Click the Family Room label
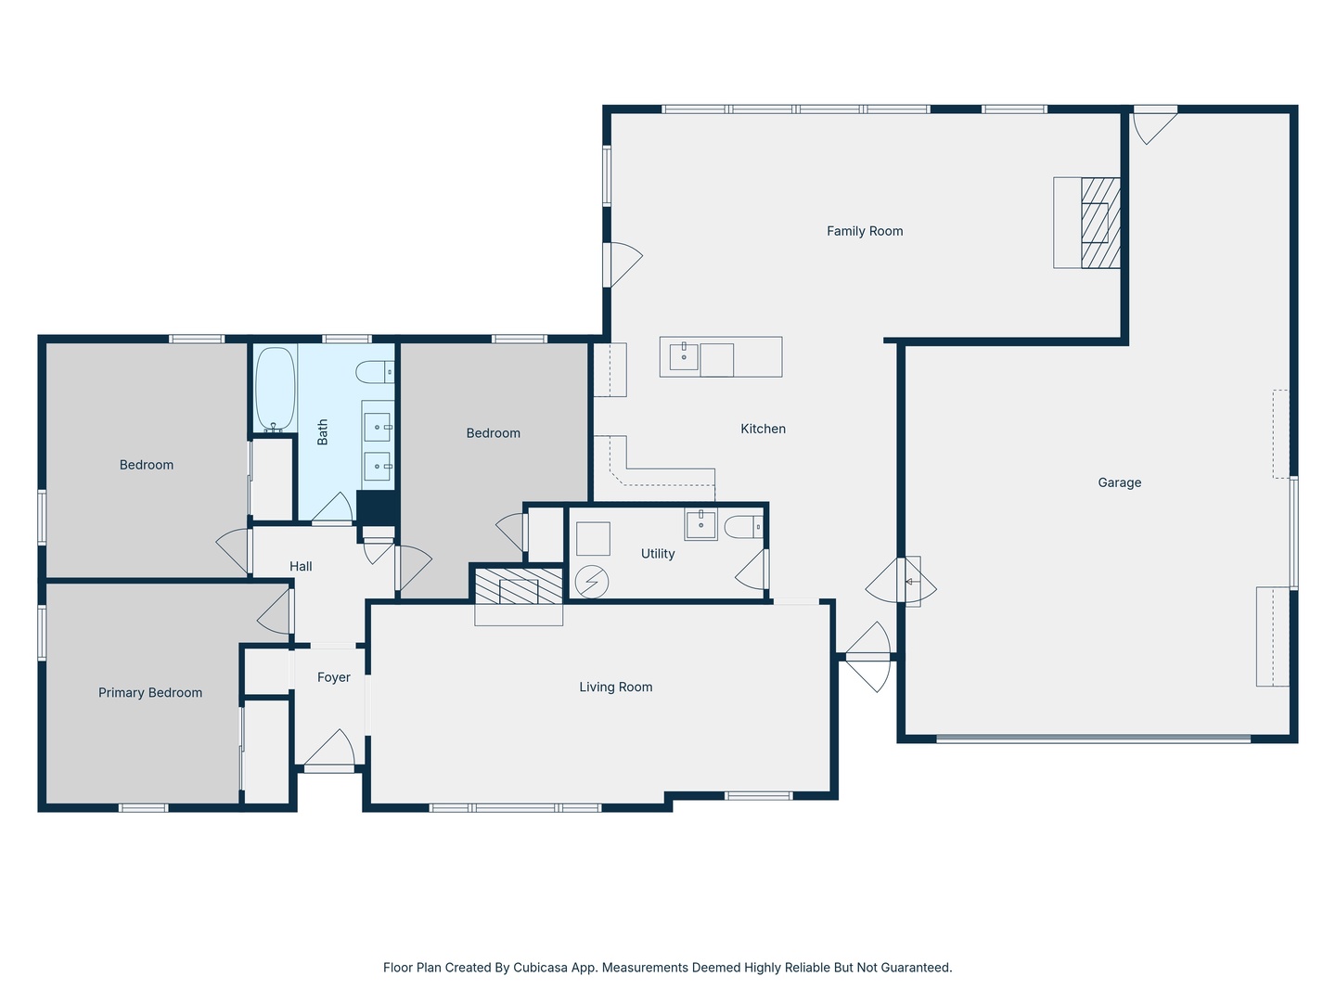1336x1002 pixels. coord(865,231)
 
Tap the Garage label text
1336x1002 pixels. coord(1119,482)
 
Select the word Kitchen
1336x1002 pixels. coord(763,429)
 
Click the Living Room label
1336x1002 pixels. coord(615,687)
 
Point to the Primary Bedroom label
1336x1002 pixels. coord(150,692)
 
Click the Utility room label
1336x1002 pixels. coord(658,554)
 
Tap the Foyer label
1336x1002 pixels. coord(334,677)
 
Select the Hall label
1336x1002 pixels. coord(301,566)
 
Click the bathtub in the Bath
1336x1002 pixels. coord(276,390)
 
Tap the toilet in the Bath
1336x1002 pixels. coord(374,372)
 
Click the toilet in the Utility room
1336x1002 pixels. coord(743,527)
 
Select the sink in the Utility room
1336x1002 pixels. coord(700,524)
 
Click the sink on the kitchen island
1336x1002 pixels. coord(684,356)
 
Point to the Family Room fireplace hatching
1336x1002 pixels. coord(1100,223)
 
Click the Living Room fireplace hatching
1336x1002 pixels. coord(519,585)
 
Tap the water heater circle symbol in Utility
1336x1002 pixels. coord(592,582)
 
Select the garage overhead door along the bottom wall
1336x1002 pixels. coord(1093,739)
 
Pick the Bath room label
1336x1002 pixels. coord(323,432)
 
